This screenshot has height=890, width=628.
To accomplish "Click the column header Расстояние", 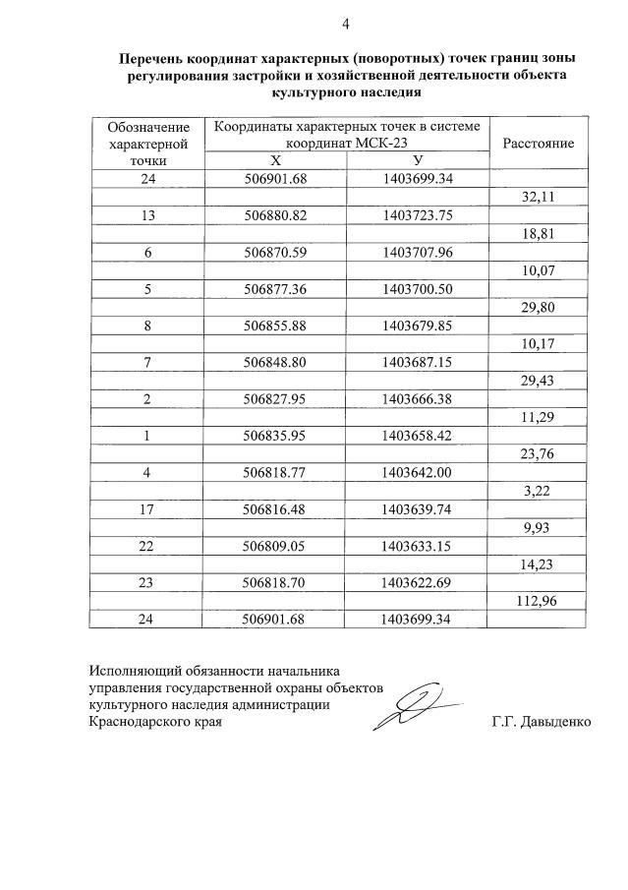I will tap(538, 144).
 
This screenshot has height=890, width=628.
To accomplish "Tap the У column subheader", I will tap(418, 160).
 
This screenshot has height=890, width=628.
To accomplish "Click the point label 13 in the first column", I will tap(147, 215).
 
